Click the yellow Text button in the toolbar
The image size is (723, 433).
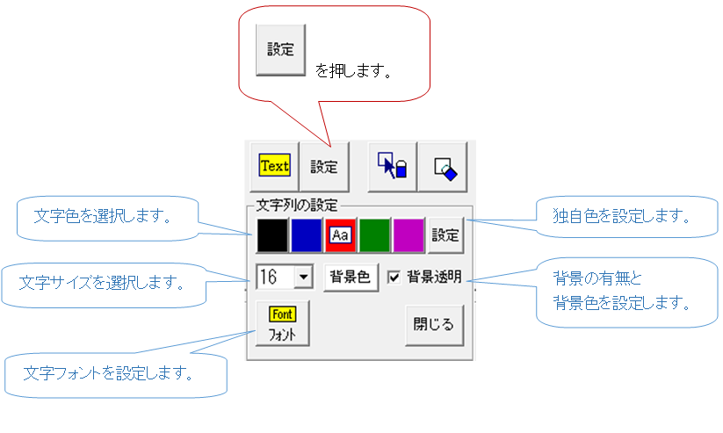point(274,166)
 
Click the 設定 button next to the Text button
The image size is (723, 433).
point(324,166)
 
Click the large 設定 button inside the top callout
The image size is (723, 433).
point(280,49)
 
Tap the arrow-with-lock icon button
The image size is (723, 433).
point(392,166)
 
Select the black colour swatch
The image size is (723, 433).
point(272,235)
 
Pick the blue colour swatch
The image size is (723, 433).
point(307,235)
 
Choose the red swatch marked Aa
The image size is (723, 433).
point(340,235)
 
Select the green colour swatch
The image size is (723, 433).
point(374,235)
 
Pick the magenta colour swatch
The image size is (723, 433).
point(408,235)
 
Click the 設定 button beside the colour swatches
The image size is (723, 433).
point(445,235)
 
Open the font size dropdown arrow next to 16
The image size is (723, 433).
point(303,277)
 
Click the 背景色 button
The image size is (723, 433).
point(351,277)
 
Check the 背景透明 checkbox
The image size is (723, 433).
point(394,278)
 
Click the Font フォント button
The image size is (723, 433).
point(283,324)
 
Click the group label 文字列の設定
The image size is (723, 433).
point(298,206)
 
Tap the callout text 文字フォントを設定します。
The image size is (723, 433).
point(109,372)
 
